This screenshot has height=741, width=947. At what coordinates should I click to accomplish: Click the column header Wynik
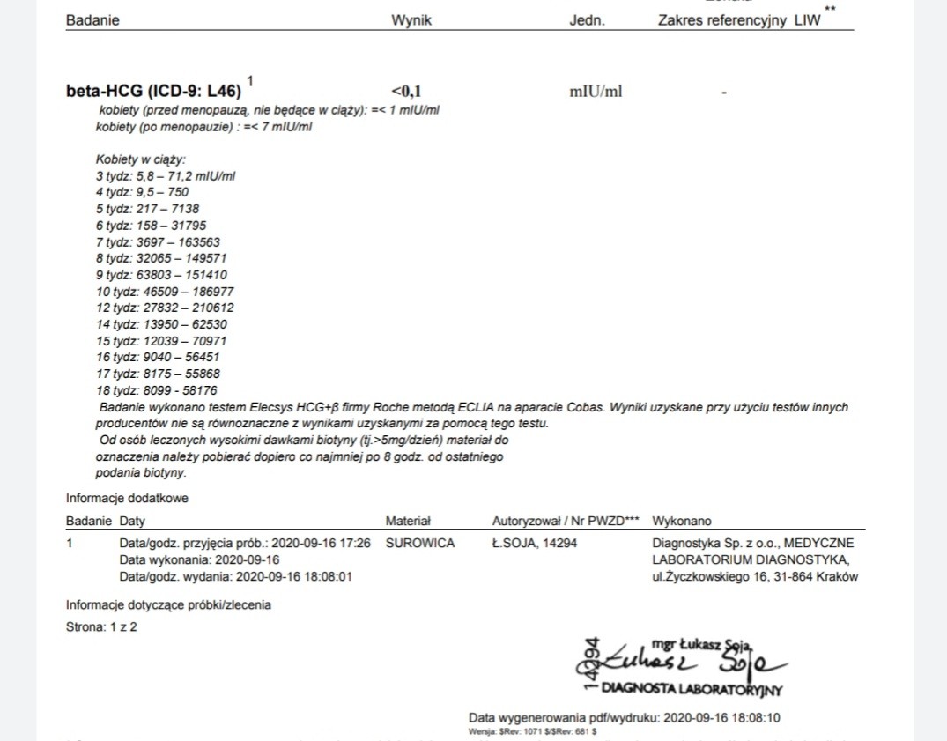pos(411,20)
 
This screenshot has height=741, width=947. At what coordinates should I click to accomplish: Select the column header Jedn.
pos(587,20)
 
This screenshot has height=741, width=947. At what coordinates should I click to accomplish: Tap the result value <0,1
pos(406,91)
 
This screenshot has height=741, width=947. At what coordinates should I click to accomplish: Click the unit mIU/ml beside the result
pos(596,91)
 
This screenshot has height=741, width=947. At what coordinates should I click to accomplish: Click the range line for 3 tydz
pos(165,175)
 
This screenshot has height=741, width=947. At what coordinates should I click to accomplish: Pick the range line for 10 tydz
pos(165,291)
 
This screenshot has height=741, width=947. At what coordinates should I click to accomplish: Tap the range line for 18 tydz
pos(156,390)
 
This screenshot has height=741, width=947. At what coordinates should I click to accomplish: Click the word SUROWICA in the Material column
pos(420,544)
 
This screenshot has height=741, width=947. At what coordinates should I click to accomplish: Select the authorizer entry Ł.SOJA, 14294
pos(534,544)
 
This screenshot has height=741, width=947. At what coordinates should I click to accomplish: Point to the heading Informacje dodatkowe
pos(127,498)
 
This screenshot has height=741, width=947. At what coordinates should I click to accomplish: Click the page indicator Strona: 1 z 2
pos(102,627)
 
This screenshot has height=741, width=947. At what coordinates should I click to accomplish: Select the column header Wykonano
pos(681,521)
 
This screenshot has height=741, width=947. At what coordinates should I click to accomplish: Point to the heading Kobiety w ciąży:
pos(141,159)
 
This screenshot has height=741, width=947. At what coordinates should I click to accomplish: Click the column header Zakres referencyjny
pos(721,20)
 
